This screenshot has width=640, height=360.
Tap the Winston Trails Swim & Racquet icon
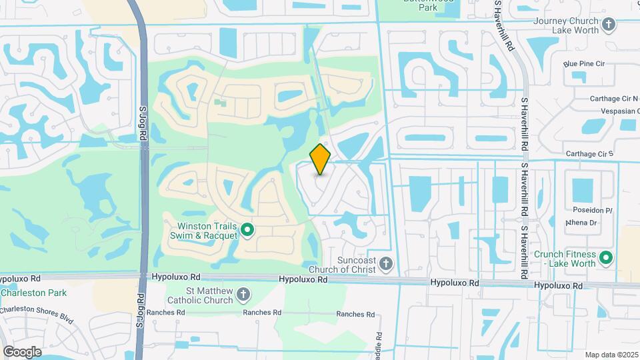pos(247,231)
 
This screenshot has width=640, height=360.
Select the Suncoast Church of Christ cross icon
pos(386,265)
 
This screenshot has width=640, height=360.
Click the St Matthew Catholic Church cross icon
pos(244,294)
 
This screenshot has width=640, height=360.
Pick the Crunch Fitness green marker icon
pos(606,257)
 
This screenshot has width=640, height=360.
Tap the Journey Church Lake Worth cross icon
pos(608,25)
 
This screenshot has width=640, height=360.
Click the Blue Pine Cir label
pos(583,64)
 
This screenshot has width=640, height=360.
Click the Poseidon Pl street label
pos(589,210)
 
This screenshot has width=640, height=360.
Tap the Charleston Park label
pos(33,293)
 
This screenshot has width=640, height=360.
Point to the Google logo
pos(22,351)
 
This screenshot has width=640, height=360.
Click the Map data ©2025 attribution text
pos(611,355)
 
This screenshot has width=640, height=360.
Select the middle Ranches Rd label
pos(262,313)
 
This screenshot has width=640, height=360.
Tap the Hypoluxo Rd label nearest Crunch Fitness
pos(558,285)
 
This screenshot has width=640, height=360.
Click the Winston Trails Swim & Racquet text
pos(207,231)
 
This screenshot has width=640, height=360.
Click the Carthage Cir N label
pos(614,99)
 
